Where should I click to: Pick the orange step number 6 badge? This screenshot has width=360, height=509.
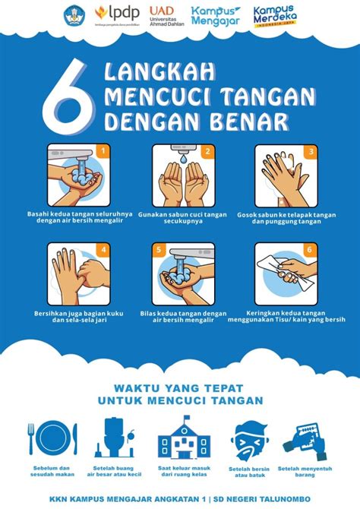[309, 250]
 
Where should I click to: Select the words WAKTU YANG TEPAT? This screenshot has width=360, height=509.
[179, 385]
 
